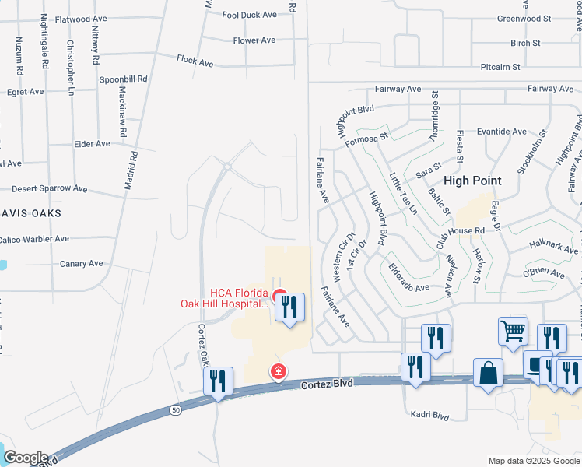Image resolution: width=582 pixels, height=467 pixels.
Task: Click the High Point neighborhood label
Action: tap(467, 181)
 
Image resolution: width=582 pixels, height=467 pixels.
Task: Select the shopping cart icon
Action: tap(514, 331)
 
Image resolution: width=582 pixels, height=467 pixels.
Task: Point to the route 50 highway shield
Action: tap(177, 410)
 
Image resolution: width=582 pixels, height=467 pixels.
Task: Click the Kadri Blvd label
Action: tap(429, 416)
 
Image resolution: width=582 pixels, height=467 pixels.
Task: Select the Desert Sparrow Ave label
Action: tap(50, 188)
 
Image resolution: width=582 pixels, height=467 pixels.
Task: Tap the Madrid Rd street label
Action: tap(132, 170)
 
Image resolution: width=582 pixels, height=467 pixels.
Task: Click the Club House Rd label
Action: tap(461, 231)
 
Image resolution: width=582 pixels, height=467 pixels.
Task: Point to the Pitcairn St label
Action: tap(500, 67)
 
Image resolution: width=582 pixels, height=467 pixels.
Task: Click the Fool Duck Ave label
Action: tap(249, 15)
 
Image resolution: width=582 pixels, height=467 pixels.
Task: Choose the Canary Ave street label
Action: tap(82, 264)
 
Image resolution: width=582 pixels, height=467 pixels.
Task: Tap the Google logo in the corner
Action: tap(25, 458)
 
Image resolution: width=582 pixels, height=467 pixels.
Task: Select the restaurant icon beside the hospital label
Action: tap(289, 307)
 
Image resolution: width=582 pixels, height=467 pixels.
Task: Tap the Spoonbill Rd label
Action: tap(123, 79)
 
